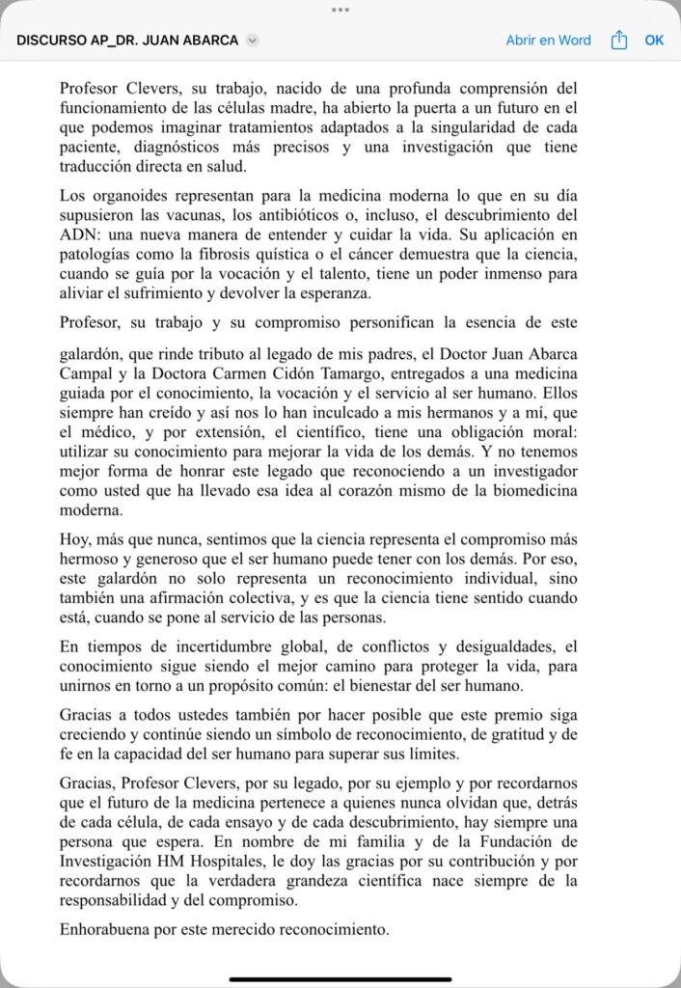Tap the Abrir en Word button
click(x=548, y=41)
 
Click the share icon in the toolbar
click(x=619, y=41)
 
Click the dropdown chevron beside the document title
click(x=253, y=41)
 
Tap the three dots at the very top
click(x=340, y=9)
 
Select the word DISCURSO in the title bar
click(x=51, y=41)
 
